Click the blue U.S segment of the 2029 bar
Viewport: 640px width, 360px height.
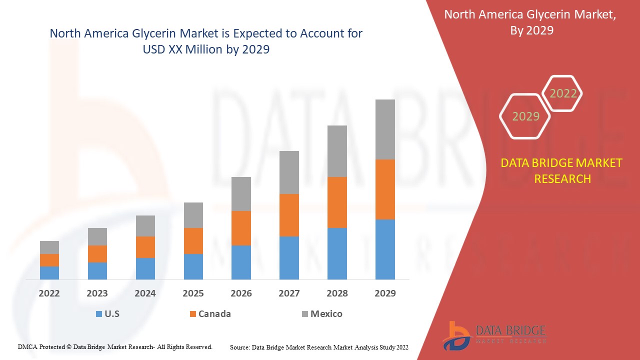[x=385, y=249]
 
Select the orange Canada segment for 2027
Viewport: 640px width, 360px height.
[x=289, y=215]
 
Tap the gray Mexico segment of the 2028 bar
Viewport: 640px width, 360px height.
[x=337, y=151]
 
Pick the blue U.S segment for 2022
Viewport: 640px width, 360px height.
[x=49, y=272]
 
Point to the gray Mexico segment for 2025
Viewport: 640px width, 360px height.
[x=193, y=215]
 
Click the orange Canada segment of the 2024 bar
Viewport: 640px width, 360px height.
[x=145, y=247]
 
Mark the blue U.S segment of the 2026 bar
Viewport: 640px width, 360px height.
[x=241, y=262]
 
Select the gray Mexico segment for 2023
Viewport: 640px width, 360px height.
[x=97, y=236]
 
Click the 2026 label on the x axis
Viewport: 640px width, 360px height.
[x=241, y=293]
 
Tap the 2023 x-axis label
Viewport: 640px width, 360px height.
[x=97, y=293]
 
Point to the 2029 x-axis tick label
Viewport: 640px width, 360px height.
[x=385, y=293]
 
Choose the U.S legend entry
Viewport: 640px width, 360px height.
[x=107, y=314]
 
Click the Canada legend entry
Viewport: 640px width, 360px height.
[x=210, y=314]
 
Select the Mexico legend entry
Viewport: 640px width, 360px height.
[x=322, y=314]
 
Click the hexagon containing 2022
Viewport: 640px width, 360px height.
[x=563, y=93]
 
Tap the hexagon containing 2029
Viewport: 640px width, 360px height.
[x=525, y=116]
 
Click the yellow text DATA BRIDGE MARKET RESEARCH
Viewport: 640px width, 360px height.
[x=562, y=171]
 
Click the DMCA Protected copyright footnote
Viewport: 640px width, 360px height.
[x=115, y=346]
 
